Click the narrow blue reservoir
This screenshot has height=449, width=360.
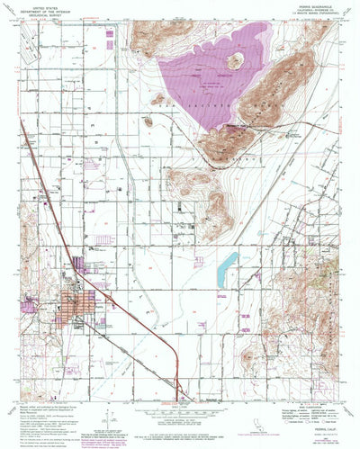[227, 266]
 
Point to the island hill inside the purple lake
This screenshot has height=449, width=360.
[237, 61]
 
